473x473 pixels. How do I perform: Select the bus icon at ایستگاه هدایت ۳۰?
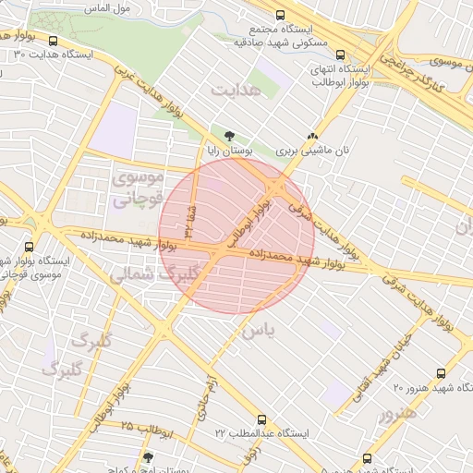tap(53, 42)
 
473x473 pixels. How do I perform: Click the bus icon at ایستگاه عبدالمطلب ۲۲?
tap(261, 419)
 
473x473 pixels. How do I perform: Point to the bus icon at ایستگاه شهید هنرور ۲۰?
tap(440, 373)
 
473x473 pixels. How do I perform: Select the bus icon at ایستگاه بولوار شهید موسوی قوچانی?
tap(30, 247)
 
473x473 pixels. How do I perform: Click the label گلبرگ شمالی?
tap(153, 274)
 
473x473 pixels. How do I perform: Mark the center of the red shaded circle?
tap(236, 236)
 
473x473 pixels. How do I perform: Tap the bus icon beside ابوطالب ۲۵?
tap(149, 456)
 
